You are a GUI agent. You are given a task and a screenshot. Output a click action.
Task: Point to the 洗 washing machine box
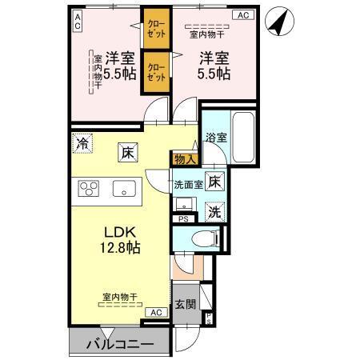pos(214,212)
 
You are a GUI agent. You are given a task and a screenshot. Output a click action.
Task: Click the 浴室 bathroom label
pos(215,138)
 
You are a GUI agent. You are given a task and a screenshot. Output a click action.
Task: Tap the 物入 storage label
pos(184,160)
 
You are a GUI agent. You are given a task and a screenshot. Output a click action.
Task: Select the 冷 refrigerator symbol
pos(83,144)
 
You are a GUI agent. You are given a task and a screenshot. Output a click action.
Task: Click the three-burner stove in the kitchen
pos(88,190)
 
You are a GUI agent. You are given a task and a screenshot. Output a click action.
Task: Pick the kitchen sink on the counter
pos(125,190)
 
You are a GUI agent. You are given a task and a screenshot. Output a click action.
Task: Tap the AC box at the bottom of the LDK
pos(157,312)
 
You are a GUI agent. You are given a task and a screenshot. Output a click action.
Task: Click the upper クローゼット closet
pos(154,30)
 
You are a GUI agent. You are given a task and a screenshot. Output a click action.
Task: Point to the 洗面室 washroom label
pos(188,185)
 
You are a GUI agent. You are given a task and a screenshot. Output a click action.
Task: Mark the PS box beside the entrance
pos(208,319)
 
